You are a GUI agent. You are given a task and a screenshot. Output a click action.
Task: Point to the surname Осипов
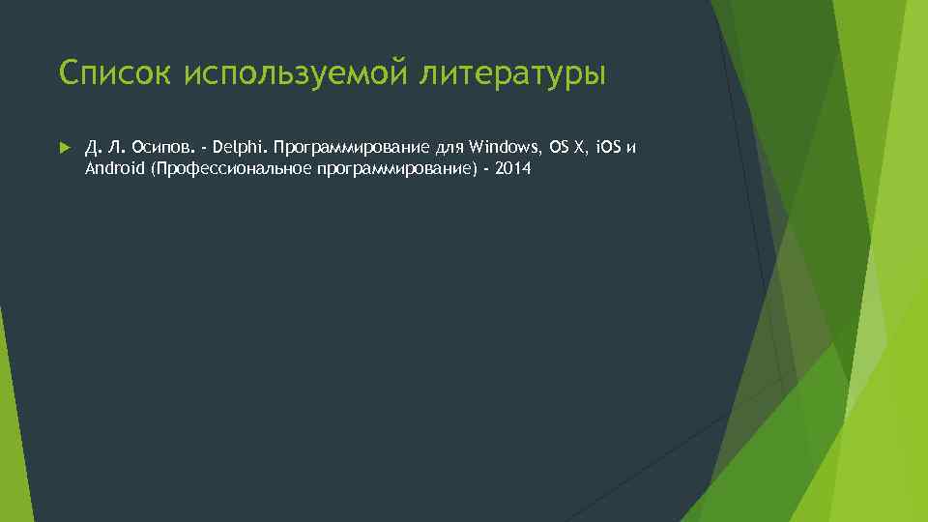(x=162, y=148)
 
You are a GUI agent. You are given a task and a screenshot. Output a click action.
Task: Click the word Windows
(x=507, y=148)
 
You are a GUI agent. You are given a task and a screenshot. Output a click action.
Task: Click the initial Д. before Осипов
(x=91, y=148)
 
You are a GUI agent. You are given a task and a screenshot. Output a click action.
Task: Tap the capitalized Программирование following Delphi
(x=350, y=148)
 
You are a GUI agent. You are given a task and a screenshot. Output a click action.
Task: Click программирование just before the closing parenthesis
(x=391, y=168)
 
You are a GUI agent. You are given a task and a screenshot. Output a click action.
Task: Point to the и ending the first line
(x=634, y=148)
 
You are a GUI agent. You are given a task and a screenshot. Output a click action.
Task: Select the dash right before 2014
(x=486, y=168)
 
